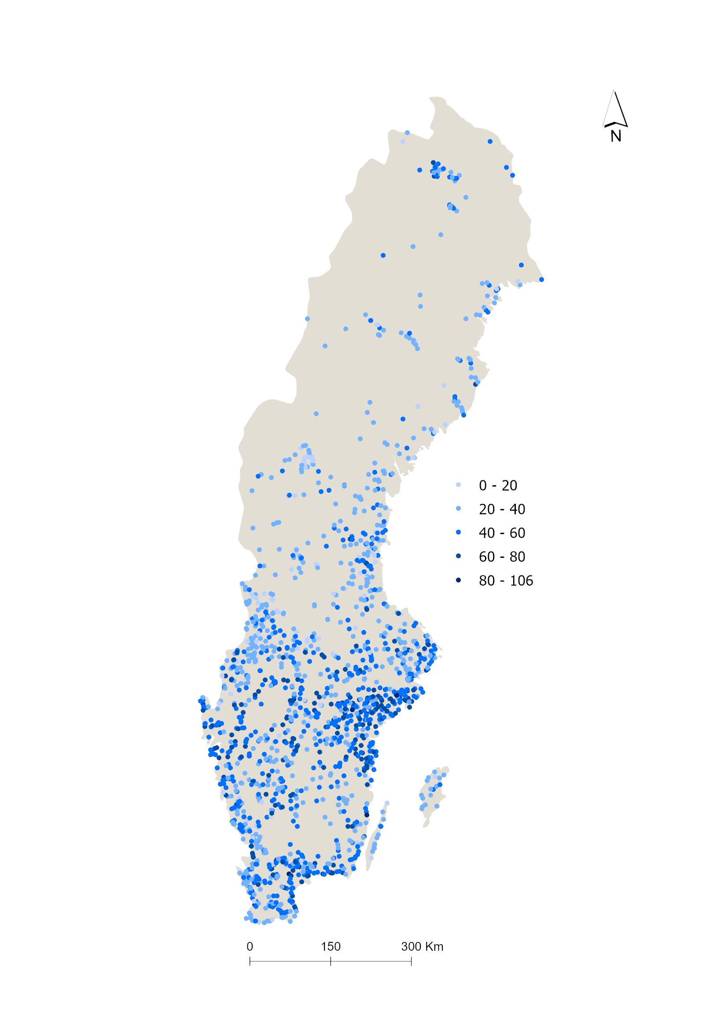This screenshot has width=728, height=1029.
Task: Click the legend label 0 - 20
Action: [498, 485]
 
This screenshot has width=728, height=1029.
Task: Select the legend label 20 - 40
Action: [502, 509]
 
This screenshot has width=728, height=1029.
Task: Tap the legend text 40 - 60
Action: [502, 533]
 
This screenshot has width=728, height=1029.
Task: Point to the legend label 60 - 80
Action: [502, 557]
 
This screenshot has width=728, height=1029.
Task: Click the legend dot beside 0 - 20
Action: [458, 485]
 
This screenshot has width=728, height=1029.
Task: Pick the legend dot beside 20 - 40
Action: [458, 509]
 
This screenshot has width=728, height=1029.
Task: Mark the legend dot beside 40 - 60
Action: [458, 532]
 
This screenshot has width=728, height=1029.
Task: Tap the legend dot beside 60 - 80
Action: [458, 556]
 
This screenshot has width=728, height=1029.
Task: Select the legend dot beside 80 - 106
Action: [458, 580]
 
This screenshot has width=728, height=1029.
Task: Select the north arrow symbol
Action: [615, 110]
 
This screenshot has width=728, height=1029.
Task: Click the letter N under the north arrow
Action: [616, 136]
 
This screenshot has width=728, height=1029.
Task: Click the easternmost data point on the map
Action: [541, 280]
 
